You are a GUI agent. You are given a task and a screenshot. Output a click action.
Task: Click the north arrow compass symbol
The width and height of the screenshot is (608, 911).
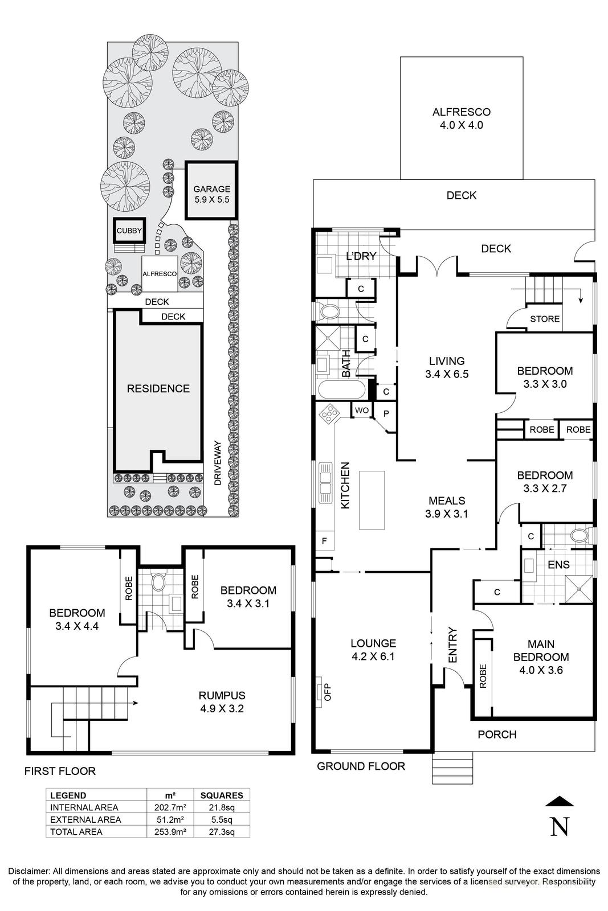(560, 818)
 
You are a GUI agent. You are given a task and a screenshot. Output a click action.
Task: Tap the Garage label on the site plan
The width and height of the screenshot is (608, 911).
(211, 190)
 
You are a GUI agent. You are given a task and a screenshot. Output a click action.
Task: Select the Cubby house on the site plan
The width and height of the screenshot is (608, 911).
(129, 231)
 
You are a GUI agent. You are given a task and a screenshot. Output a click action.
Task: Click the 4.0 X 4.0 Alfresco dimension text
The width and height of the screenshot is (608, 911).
(461, 125)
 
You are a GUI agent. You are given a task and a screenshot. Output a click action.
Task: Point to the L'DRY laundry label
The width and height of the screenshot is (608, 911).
(361, 256)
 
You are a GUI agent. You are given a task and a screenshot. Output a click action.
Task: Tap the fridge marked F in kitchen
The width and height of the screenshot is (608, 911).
(324, 541)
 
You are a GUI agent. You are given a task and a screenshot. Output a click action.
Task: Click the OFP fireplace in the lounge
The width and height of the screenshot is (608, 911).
(321, 691)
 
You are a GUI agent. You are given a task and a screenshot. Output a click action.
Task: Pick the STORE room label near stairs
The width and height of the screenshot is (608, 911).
(545, 319)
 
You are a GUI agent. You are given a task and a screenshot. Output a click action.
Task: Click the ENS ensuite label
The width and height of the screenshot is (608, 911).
(558, 565)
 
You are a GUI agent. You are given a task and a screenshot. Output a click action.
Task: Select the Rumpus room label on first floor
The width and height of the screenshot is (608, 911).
(222, 695)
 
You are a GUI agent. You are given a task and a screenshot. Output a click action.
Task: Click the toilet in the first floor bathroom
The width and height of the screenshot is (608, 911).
(158, 581)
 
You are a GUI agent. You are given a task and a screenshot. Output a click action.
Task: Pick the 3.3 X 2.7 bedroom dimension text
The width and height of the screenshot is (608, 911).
(544, 488)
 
